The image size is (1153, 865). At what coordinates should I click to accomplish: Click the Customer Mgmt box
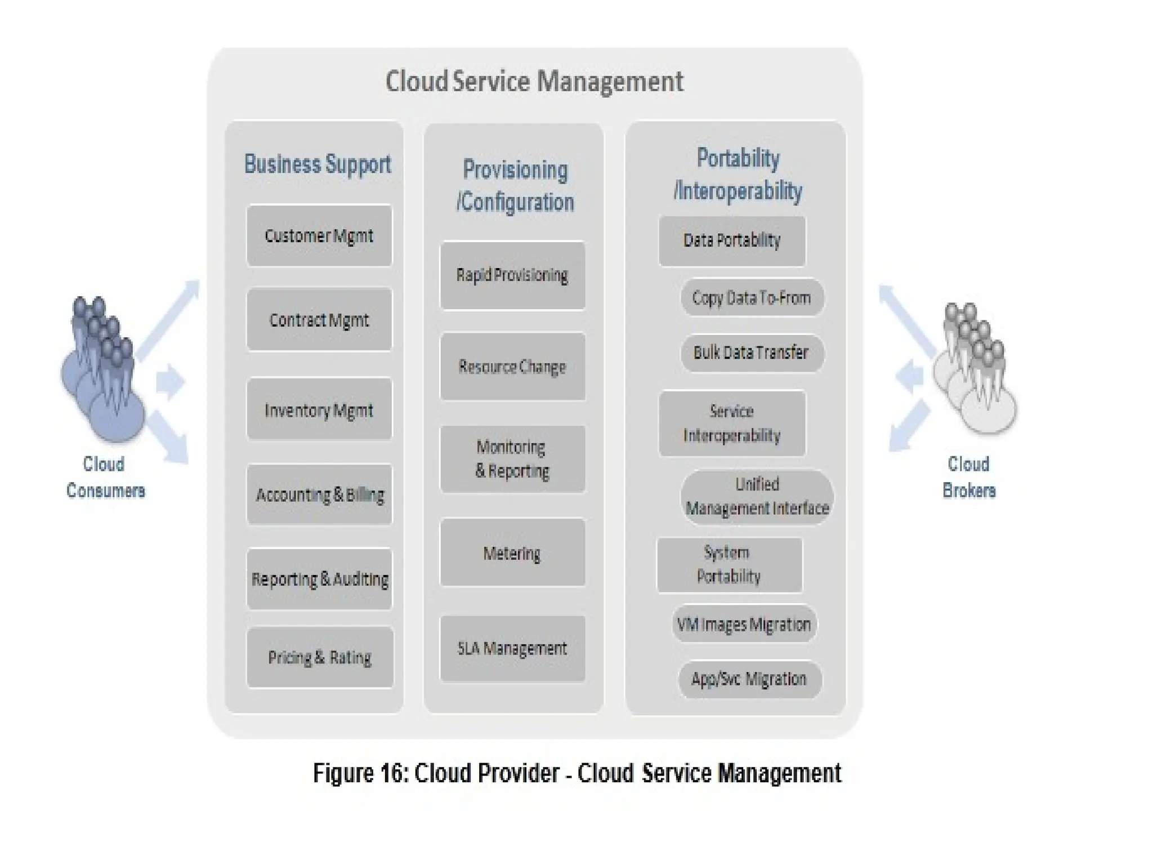(319, 235)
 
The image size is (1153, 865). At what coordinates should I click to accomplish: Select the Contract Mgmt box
(319, 320)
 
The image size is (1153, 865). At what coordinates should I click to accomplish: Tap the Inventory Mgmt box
(319, 409)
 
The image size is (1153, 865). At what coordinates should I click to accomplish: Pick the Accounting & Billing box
(319, 494)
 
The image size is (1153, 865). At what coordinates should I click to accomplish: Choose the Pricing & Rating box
(319, 657)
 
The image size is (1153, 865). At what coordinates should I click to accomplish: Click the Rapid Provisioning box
(512, 275)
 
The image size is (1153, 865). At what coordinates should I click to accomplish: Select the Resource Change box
(512, 367)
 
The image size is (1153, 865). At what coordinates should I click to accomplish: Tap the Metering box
(512, 553)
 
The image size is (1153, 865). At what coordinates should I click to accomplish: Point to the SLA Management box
(512, 649)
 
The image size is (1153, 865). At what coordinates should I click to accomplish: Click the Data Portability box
(732, 240)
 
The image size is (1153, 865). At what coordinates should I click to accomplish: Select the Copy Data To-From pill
(752, 297)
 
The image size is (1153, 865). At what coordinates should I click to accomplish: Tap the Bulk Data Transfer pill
(752, 353)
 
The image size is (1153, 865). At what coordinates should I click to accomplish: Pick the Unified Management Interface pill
(757, 497)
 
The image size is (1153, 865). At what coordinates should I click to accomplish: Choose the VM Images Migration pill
(744, 624)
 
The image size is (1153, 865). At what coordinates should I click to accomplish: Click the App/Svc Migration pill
(749, 679)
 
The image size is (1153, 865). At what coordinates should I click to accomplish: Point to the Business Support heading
(318, 164)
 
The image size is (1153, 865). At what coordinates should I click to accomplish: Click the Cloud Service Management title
(534, 81)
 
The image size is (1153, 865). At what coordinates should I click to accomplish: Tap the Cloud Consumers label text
(105, 477)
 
